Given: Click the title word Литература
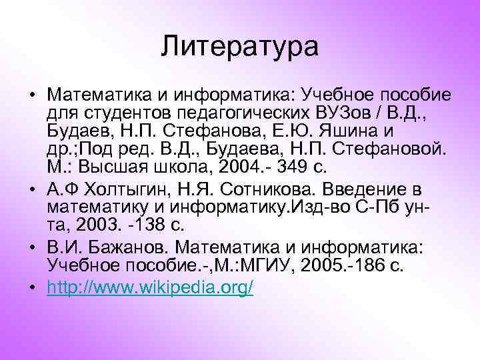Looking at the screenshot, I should tap(240, 46).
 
